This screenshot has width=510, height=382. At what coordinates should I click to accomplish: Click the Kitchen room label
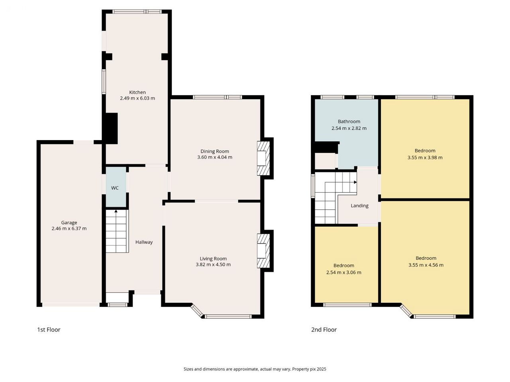137,92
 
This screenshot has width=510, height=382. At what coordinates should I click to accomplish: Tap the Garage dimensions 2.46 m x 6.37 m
69,228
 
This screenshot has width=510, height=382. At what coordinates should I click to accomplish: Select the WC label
115,188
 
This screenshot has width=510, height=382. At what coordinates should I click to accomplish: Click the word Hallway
144,242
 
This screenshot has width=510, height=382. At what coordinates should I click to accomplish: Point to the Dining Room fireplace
263,158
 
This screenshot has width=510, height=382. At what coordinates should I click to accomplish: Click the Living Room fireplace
263,251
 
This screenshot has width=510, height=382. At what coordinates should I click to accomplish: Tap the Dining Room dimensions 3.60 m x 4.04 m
215,157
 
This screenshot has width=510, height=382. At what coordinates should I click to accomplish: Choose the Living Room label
213,259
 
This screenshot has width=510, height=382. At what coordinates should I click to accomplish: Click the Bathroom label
349,121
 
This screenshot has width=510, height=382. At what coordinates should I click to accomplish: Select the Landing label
359,206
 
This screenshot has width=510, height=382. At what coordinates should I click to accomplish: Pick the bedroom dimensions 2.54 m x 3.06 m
343,273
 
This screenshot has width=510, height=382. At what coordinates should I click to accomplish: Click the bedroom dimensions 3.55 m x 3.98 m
425,158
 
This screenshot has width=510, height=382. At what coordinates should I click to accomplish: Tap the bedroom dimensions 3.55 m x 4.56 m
426,265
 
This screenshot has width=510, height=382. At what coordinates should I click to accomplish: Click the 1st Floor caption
49,329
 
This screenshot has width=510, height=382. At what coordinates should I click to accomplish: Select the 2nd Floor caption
324,329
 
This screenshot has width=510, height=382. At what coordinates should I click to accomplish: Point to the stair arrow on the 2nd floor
355,182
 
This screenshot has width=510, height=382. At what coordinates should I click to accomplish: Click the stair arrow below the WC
116,211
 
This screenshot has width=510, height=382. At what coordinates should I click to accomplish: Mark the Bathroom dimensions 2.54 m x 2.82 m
349,128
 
